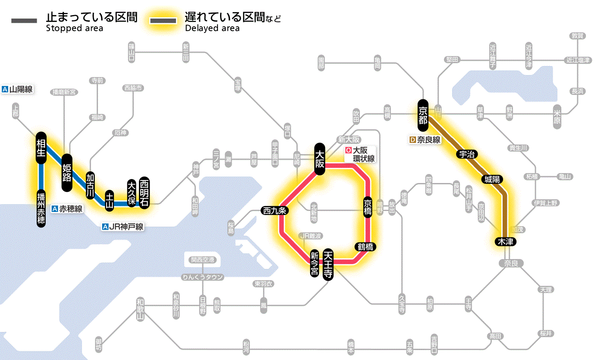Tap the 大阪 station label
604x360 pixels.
pyautogui.click(x=320, y=159)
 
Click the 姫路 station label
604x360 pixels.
pyautogui.click(x=67, y=173)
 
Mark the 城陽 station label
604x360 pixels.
pyautogui.click(x=493, y=179)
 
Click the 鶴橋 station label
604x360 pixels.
pyautogui.click(x=365, y=247)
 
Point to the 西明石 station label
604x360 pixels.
pyautogui.click(x=144, y=193)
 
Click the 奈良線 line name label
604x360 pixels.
pyautogui.click(x=425, y=140)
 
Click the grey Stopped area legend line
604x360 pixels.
pyautogui.click(x=25, y=21)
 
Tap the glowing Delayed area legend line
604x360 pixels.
pyautogui.click(x=163, y=21)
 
